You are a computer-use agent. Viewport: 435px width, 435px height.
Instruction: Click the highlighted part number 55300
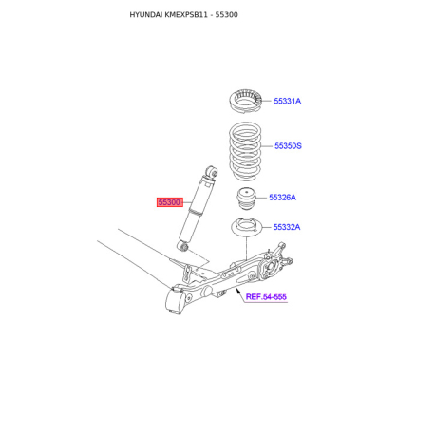pyautogui.click(x=169, y=203)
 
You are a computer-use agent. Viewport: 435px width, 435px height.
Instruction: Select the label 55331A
pyautogui.click(x=288, y=101)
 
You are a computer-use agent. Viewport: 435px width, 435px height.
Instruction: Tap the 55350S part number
pyautogui.click(x=288, y=146)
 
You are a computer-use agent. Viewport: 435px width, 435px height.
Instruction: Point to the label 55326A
pyautogui.click(x=282, y=198)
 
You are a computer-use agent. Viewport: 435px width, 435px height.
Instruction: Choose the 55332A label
pyautogui.click(x=287, y=228)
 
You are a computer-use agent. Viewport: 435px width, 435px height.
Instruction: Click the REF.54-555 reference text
pyautogui.click(x=266, y=297)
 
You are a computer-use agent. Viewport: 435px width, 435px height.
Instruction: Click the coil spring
pyautogui.click(x=241, y=148)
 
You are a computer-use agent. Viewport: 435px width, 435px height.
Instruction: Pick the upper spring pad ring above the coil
pyautogui.click(x=241, y=102)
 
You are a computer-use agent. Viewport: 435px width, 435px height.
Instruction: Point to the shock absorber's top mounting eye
pyautogui.click(x=213, y=172)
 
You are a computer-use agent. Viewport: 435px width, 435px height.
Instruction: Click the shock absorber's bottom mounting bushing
pyautogui.click(x=186, y=248)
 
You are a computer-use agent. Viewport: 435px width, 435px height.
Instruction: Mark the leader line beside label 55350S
pyautogui.click(x=268, y=146)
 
